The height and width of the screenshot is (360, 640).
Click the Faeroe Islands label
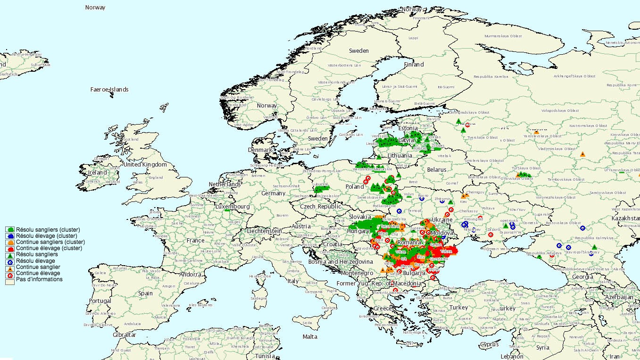tap(109, 90)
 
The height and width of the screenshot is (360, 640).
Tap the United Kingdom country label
tap(145, 165)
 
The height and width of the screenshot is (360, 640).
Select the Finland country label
tap(414, 65)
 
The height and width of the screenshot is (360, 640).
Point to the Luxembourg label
tap(233, 207)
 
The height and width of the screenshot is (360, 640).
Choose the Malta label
tap(310, 337)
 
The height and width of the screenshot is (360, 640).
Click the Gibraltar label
tap(124, 335)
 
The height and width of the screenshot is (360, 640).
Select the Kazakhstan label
tap(624, 219)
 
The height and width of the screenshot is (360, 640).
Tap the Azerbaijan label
tap(619, 297)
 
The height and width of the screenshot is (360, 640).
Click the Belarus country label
tap(437, 170)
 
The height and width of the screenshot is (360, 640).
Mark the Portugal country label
tap(100, 301)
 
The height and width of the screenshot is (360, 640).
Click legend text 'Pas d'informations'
tap(39, 279)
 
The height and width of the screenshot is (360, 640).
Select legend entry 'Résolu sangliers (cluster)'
tap(48, 230)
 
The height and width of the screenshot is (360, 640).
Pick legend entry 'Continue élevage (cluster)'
tap(49, 248)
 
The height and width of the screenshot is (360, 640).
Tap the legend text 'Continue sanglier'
tap(38, 267)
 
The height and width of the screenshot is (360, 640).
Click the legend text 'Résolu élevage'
tap(35, 261)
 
